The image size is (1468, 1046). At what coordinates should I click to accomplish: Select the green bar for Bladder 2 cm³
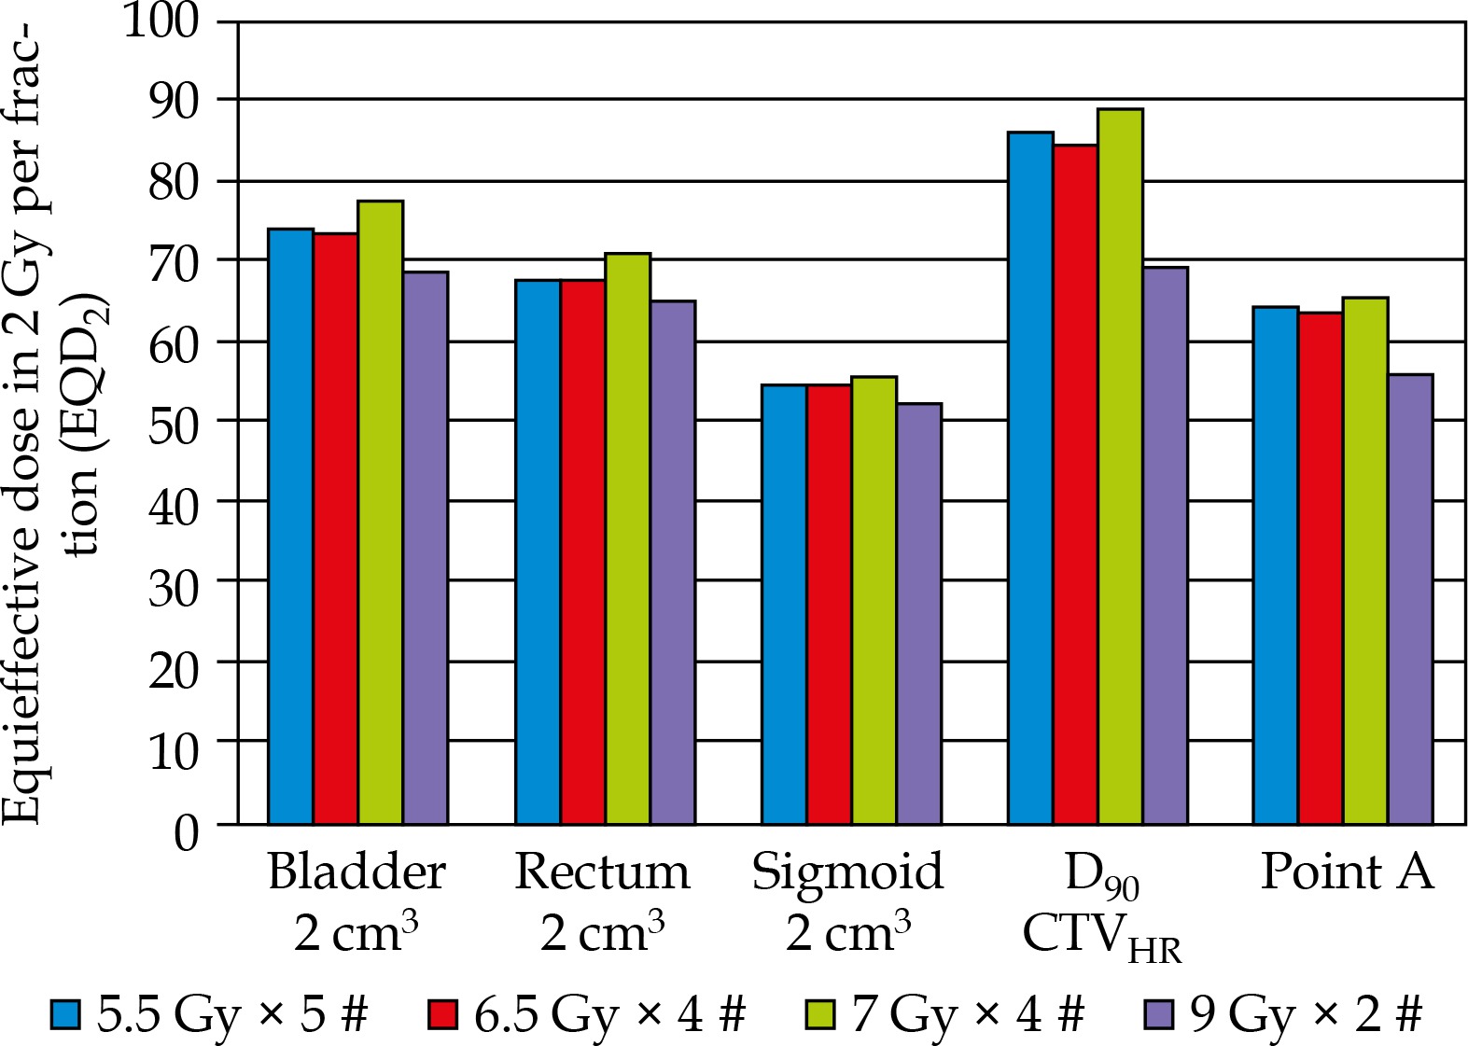[x=381, y=512]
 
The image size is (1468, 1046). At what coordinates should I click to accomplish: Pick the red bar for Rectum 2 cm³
[x=582, y=551]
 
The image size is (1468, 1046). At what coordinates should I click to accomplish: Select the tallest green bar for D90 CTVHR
[x=1120, y=466]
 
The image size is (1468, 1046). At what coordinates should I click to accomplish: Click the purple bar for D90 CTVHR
[x=1165, y=545]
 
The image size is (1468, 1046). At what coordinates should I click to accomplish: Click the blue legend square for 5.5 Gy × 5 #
[x=66, y=1014]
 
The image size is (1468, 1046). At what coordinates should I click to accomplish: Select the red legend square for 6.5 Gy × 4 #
[x=442, y=1014]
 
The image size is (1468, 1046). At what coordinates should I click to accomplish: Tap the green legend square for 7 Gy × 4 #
[x=819, y=1014]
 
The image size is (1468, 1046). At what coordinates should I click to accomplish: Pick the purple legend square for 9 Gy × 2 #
[x=1158, y=1014]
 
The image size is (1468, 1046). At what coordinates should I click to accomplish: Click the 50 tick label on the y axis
[x=174, y=422]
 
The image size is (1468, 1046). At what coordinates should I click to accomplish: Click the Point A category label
[x=1346, y=872]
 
